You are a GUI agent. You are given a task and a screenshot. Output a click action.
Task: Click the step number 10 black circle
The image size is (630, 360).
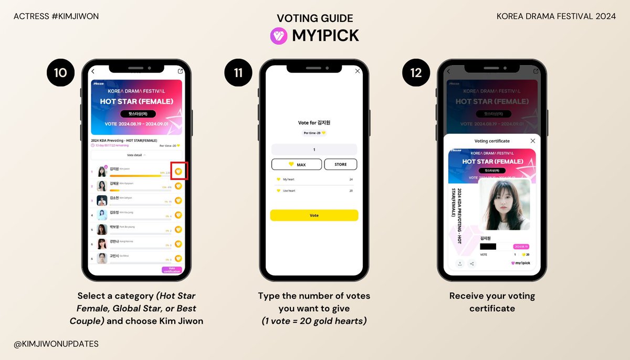click(x=60, y=72)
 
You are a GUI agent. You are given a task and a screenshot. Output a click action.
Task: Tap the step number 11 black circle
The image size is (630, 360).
click(x=238, y=72)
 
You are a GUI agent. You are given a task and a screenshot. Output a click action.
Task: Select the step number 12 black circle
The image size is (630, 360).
click(x=416, y=72)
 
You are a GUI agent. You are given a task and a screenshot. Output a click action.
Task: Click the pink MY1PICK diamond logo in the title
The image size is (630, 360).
click(x=278, y=35)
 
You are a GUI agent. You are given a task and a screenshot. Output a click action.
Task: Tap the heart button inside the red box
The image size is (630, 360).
click(x=178, y=172)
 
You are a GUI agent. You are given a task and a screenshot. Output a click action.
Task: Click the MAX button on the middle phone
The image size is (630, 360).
click(x=297, y=164)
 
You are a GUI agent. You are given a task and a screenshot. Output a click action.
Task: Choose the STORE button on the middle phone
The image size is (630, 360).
click(x=340, y=164)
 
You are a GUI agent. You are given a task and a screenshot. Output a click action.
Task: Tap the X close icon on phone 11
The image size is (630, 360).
click(x=358, y=71)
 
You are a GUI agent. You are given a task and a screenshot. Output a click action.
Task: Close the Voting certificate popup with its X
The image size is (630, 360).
click(x=533, y=141)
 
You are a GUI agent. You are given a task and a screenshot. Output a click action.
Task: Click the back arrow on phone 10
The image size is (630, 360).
click(x=93, y=71)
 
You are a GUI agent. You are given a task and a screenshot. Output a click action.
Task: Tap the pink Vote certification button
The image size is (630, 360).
click(x=172, y=270)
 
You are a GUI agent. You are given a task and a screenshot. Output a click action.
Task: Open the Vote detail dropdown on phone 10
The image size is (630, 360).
click(x=136, y=155)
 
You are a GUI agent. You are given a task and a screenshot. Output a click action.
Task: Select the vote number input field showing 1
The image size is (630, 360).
click(x=314, y=150)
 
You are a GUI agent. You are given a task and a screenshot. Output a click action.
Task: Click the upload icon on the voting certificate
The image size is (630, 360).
click(x=460, y=263)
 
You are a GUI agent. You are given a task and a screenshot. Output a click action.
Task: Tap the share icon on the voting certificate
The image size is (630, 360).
click(x=471, y=263)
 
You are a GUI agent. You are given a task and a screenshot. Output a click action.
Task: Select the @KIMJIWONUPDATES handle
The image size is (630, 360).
click(x=56, y=344)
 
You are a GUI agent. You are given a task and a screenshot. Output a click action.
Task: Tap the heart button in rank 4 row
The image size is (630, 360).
click(x=178, y=215)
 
